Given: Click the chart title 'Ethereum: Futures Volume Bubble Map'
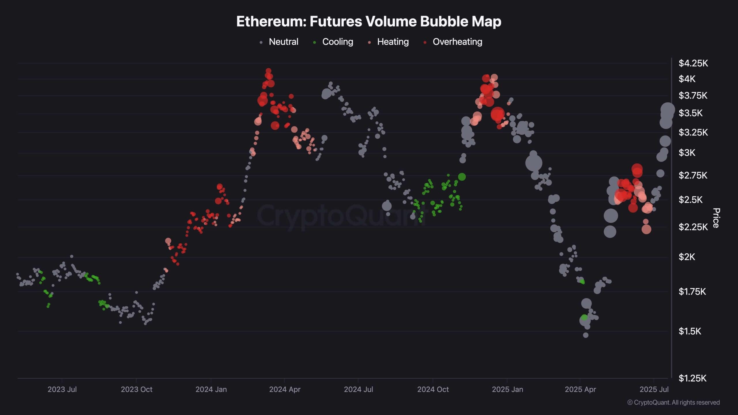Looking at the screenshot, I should tap(369, 21).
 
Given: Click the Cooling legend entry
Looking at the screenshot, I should tap(333, 42).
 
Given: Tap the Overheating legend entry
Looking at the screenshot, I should tap(453, 42).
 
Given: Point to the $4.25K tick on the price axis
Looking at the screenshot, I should tap(693, 63).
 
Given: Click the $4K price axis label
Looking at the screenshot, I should tap(687, 79).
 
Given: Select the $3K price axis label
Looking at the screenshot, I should tap(687, 152).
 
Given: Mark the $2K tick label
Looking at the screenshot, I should tap(687, 257).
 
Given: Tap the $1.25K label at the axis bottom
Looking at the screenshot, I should tap(692, 378).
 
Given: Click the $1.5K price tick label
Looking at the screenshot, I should tap(690, 331).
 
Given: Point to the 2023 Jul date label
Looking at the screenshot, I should tap(62, 389).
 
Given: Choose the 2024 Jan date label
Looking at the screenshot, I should tap(211, 389).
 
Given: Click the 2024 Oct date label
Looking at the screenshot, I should tap(433, 389).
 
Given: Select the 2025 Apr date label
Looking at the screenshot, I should tap(580, 389).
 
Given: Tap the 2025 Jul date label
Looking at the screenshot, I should tap(654, 389).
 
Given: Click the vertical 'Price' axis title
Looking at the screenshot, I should tap(716, 218).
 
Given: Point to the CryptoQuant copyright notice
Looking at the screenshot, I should tap(673, 402).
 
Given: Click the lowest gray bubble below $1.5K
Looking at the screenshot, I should tap(585, 335).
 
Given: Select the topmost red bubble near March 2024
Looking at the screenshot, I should tap(268, 71).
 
